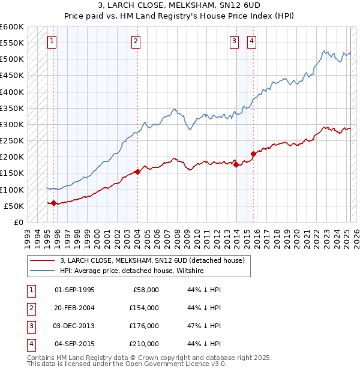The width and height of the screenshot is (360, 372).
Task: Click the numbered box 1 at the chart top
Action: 52,41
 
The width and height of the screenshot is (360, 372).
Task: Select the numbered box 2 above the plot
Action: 136,41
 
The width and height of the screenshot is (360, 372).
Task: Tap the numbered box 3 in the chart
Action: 233,41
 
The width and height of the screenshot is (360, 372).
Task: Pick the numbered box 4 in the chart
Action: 251,41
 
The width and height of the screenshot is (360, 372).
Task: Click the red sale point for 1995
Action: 54,203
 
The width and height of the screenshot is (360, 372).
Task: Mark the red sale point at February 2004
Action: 137,172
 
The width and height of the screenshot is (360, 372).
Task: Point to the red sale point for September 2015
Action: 253,154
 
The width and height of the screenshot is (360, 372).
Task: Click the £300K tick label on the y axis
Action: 12,124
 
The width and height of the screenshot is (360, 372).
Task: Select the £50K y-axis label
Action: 14,206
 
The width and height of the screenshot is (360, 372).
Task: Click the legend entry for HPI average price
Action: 132,271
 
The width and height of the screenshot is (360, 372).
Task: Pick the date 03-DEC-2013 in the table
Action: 74,326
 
